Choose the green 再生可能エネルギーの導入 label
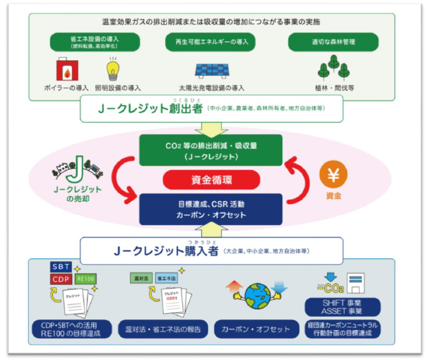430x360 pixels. tap(214, 43)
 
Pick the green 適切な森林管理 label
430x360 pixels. tap(333, 43)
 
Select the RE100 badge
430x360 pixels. tap(86, 278)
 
